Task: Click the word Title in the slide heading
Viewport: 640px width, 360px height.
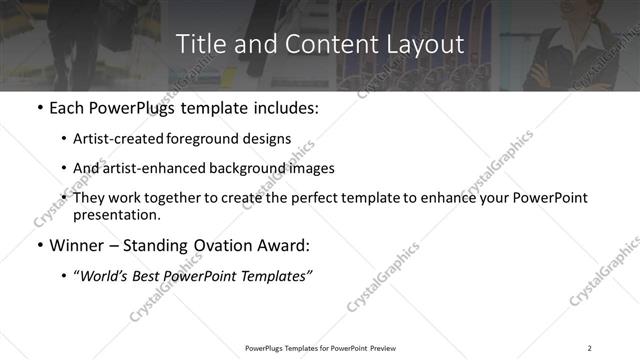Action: (197, 44)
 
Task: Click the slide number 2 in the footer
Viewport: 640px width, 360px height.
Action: (590, 348)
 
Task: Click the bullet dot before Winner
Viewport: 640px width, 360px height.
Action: (39, 246)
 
